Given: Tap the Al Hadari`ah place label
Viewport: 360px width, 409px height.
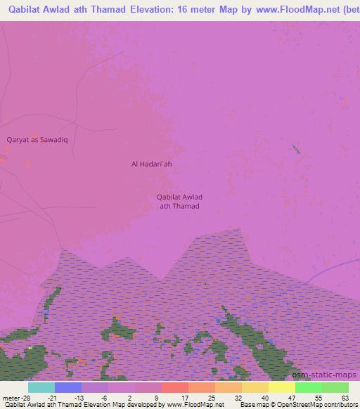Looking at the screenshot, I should (x=151, y=164).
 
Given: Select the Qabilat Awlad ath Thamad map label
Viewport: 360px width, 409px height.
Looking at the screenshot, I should (x=179, y=201).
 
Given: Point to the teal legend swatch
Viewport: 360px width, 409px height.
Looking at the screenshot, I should (x=41, y=387).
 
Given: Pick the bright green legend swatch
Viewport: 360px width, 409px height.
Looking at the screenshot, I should (x=309, y=387).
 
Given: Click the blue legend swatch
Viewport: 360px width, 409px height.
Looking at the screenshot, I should (x=68, y=387).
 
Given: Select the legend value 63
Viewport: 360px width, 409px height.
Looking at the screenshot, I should (x=345, y=397).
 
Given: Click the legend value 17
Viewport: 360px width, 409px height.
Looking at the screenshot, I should (x=185, y=397).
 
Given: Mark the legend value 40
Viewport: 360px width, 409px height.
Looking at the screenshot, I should (x=265, y=397).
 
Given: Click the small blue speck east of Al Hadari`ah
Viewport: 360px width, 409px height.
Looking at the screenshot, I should (x=295, y=148).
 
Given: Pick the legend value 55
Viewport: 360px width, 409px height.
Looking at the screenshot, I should (x=318, y=397).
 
